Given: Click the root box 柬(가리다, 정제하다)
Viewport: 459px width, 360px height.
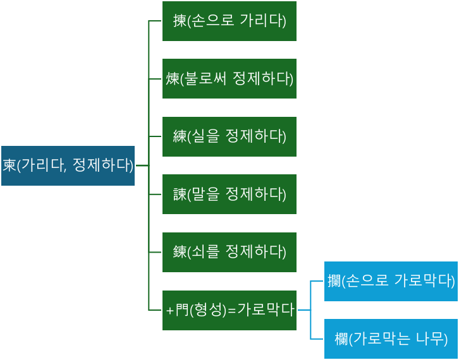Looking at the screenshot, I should click(68, 165).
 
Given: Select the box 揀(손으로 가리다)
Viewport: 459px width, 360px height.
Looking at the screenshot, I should click(229, 21).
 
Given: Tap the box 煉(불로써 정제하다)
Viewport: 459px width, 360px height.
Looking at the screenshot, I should click(229, 79).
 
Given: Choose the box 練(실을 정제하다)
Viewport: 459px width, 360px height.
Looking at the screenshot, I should click(229, 136).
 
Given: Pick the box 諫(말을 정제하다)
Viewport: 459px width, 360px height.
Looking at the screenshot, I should click(229, 195).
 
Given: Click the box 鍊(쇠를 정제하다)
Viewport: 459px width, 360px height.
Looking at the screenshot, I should click(229, 252).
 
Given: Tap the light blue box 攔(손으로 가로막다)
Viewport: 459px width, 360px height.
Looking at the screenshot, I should click(390, 281).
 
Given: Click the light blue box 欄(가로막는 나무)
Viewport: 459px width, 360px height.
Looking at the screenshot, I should click(390, 339).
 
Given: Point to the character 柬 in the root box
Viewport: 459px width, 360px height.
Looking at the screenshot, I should click(9, 165).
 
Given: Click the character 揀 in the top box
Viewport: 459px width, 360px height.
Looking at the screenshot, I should click(180, 21).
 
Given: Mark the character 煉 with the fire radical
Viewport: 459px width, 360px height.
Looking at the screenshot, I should click(173, 79).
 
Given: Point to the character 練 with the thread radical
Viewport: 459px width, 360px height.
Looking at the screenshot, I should click(180, 136).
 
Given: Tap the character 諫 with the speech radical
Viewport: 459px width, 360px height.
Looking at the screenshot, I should click(180, 195).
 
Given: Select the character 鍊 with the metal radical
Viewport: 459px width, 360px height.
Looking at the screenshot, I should click(180, 252).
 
